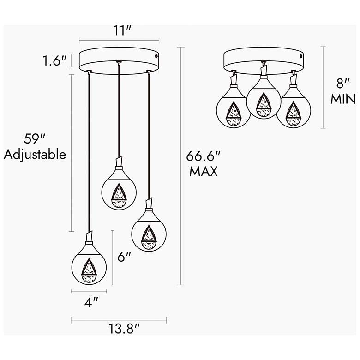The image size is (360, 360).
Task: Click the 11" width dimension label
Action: [120, 31]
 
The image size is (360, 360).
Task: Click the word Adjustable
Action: [35, 154]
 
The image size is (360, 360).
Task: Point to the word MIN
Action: [342, 99]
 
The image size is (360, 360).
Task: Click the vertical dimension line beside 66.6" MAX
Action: [180, 166]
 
